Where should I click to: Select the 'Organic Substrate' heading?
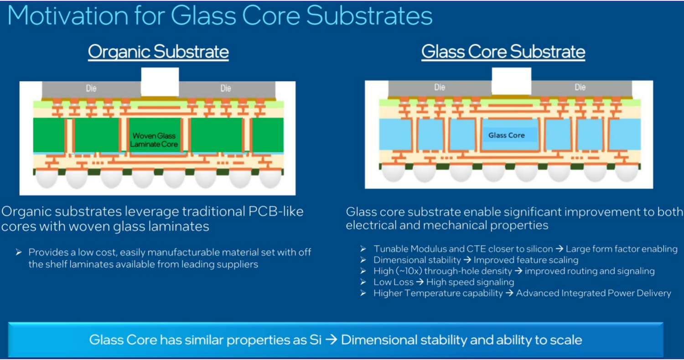[x=158, y=52]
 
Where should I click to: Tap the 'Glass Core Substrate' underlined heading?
[x=503, y=52]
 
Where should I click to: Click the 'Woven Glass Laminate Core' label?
[x=154, y=140]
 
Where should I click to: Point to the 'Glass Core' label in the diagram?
[x=507, y=135]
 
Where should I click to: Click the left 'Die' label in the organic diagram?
[x=91, y=89]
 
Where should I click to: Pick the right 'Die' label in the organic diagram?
[x=226, y=89]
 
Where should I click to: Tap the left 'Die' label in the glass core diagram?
[x=440, y=88]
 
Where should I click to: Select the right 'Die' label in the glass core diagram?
[x=580, y=88]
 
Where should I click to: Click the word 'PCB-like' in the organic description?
[x=276, y=211]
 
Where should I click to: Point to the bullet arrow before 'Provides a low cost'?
[x=19, y=252]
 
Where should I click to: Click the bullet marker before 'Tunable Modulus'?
[x=363, y=249]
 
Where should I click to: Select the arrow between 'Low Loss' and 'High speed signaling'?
[x=420, y=282]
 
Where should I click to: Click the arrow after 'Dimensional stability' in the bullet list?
[x=467, y=260]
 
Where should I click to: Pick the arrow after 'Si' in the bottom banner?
[x=331, y=340]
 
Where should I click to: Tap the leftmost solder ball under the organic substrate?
[x=47, y=178]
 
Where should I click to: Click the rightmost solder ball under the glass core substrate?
[x=627, y=172]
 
